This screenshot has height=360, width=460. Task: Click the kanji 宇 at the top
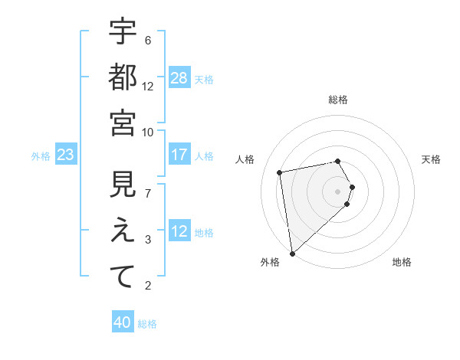pyautogui.click(x=123, y=32)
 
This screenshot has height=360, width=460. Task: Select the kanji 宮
pyautogui.click(x=123, y=123)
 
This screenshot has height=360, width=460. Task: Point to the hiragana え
pyautogui.click(x=123, y=231)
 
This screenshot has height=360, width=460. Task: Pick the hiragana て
pyautogui.click(x=123, y=277)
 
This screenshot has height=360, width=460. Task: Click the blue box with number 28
pyautogui.click(x=179, y=78)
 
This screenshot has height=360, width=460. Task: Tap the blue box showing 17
pyautogui.click(x=179, y=155)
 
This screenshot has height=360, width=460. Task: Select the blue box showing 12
pyautogui.click(x=179, y=231)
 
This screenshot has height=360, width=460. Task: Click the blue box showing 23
pyautogui.click(x=65, y=155)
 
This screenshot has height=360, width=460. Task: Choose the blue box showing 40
pyautogui.click(x=123, y=323)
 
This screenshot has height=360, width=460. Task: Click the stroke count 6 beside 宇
pyautogui.click(x=148, y=40)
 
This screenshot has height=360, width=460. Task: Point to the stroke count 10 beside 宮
pyautogui.click(x=148, y=132)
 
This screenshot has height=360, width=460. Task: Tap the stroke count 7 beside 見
pyautogui.click(x=148, y=193)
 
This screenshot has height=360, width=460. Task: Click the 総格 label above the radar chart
pyautogui.click(x=338, y=100)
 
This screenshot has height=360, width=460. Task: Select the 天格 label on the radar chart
pyautogui.click(x=431, y=159)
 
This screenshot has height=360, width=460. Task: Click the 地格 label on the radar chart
pyautogui.click(x=402, y=262)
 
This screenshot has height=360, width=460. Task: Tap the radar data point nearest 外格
pyautogui.click(x=293, y=254)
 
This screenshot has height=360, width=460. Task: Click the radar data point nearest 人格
pyautogui.click(x=280, y=172)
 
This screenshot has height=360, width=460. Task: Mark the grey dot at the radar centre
pyautogui.click(x=338, y=191)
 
